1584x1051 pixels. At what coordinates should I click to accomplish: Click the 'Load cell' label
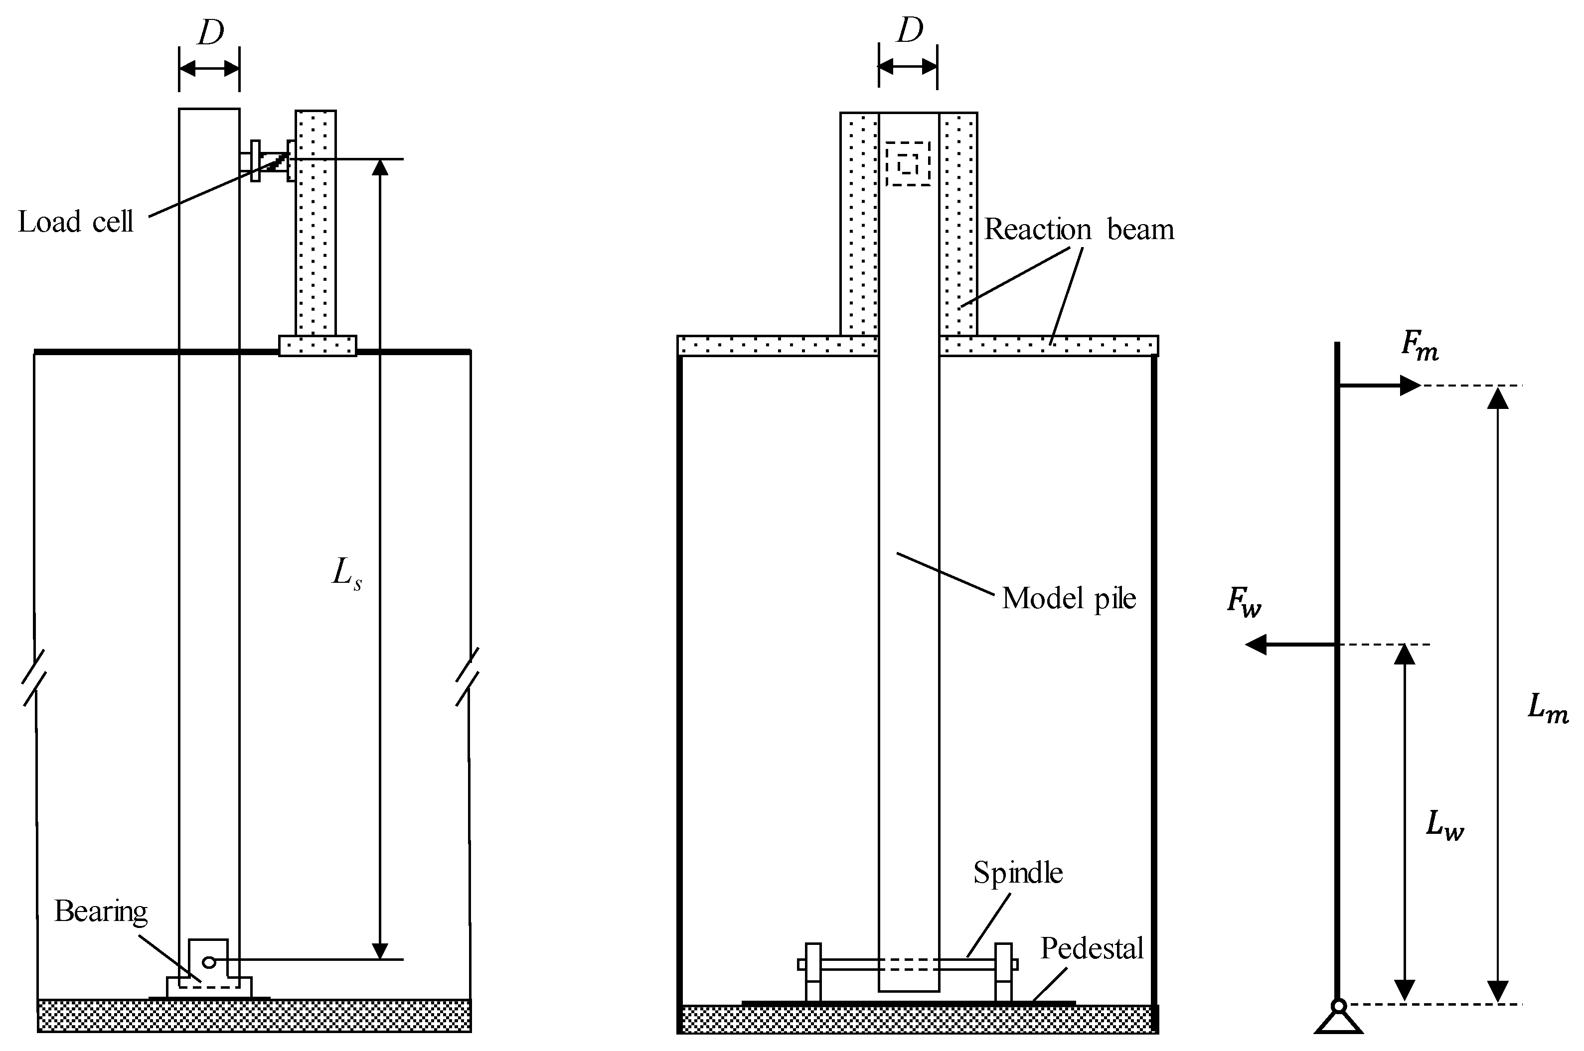[75, 222]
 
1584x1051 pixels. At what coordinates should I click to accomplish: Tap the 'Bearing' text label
[101, 911]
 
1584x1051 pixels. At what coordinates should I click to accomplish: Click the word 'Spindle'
[1017, 873]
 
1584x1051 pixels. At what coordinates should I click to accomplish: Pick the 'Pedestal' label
[1091, 948]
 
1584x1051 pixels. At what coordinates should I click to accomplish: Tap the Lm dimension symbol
[1548, 708]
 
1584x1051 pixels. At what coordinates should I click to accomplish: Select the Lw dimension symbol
[1445, 826]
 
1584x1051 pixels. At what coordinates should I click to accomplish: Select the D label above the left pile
[210, 33]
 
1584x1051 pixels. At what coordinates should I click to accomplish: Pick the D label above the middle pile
[909, 31]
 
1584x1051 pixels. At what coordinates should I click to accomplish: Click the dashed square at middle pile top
[908, 163]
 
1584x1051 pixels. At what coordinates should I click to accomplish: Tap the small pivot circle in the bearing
[208, 962]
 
